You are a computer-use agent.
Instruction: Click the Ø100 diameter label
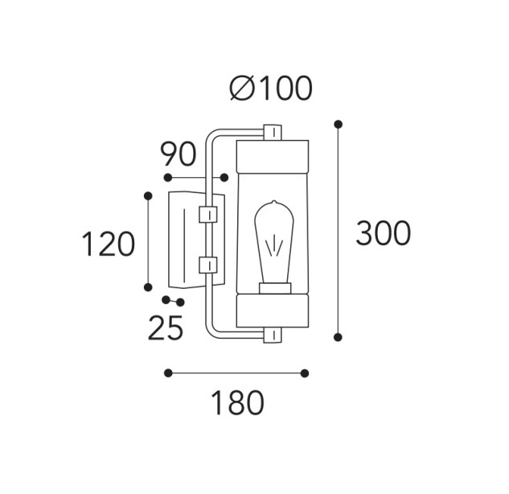tap(271, 89)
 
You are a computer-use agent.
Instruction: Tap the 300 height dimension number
tap(383, 233)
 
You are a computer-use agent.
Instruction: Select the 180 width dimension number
tap(238, 403)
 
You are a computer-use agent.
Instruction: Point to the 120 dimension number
tap(108, 244)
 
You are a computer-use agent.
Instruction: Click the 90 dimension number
tap(179, 154)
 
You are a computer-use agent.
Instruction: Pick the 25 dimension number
tap(166, 327)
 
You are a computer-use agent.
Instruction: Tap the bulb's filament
tap(274, 246)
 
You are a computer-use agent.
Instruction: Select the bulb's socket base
tap(275, 288)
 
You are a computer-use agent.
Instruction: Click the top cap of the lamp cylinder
tap(273, 157)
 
